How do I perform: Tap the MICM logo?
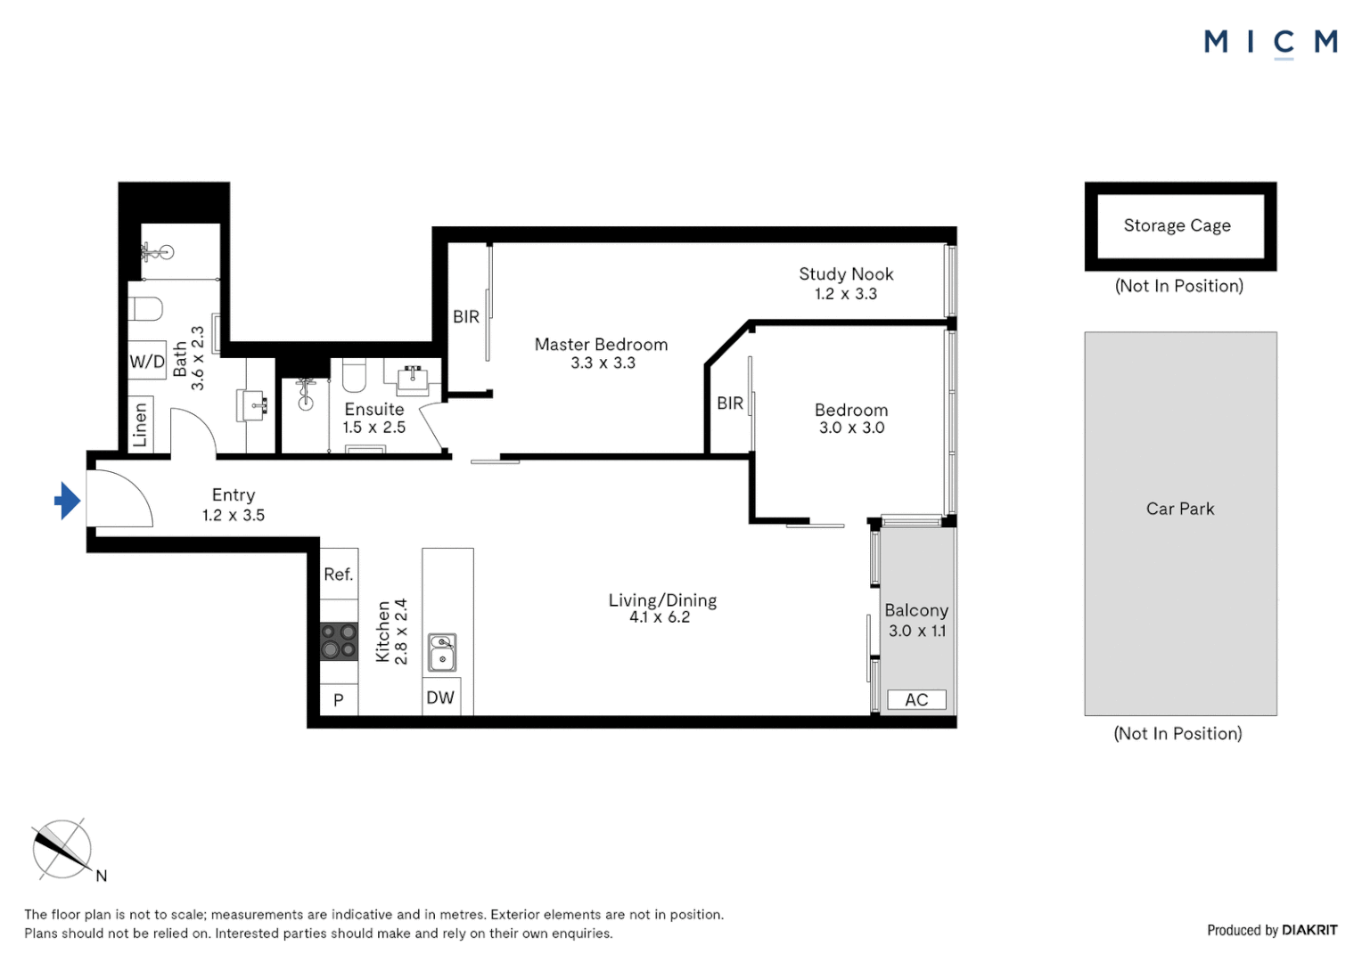tap(1270, 42)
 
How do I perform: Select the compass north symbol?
tap(62, 850)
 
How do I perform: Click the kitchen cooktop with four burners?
tap(339, 641)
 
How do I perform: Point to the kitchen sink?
tap(442, 652)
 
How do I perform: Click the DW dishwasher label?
tap(440, 697)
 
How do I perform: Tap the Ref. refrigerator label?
tap(339, 575)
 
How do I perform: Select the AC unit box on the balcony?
tap(916, 700)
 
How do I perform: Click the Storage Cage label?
tap(1177, 225)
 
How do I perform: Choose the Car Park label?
tap(1180, 509)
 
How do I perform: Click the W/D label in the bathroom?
tap(147, 361)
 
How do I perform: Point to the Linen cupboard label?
tap(140, 425)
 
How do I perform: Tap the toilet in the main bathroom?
tap(146, 309)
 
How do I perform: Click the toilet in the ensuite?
tap(354, 376)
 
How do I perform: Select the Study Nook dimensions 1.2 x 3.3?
tap(846, 294)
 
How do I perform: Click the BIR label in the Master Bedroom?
tap(466, 316)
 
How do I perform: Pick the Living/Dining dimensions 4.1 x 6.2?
tap(660, 617)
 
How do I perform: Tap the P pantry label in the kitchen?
tap(339, 700)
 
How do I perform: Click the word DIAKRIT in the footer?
tap(1309, 930)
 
